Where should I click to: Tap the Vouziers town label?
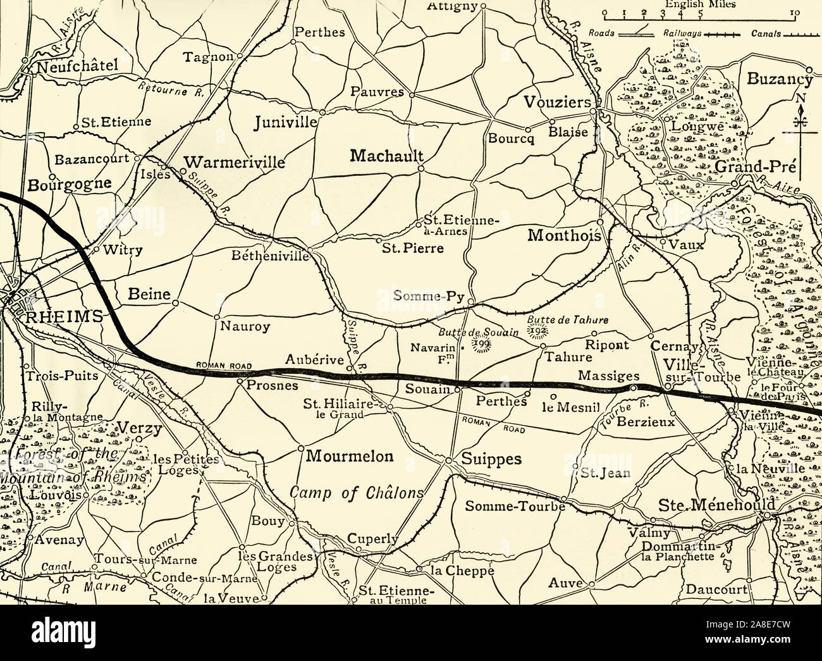click(556, 102)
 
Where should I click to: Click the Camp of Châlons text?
click(355, 493)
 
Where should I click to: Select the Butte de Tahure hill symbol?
click(539, 330)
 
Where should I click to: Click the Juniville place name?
click(285, 122)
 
